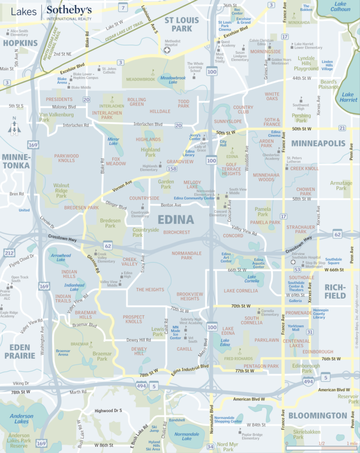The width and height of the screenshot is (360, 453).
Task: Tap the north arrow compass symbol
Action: (x=14, y=128)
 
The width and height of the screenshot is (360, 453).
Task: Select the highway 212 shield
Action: (x=9, y=253)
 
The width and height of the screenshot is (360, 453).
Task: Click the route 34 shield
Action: (x=210, y=446)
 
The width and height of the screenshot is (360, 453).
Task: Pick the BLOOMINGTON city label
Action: (x=317, y=415)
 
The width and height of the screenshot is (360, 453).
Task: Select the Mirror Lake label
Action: (x=113, y=141)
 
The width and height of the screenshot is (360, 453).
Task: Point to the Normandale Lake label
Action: (x=187, y=437)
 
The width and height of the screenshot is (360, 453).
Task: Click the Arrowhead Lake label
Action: (x=61, y=257)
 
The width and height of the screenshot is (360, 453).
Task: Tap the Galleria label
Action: (x=295, y=301)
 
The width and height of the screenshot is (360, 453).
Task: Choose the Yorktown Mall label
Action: (x=296, y=327)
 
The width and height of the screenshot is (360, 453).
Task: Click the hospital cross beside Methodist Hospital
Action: (x=167, y=50)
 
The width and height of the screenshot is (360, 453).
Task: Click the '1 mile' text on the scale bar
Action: (x=352, y=443)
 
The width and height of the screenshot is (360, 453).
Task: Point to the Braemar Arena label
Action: (x=63, y=353)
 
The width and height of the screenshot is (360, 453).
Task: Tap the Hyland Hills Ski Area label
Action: (x=154, y=445)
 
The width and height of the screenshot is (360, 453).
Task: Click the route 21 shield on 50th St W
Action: (x=342, y=128)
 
